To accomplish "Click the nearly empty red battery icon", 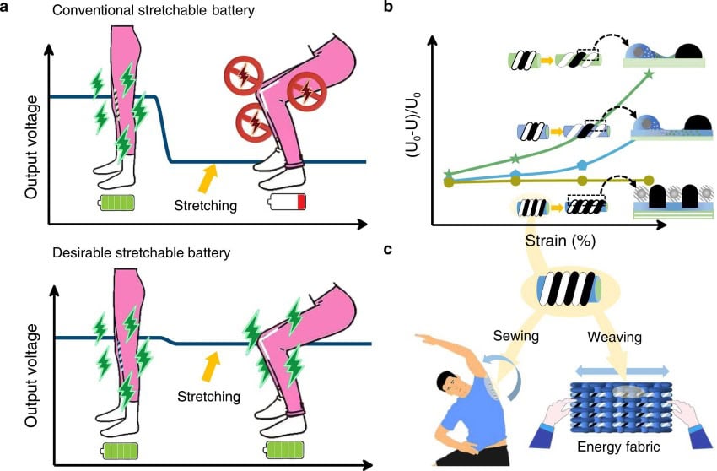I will (288, 203).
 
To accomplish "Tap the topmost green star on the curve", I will (648, 75).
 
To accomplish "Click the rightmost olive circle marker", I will (648, 180).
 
